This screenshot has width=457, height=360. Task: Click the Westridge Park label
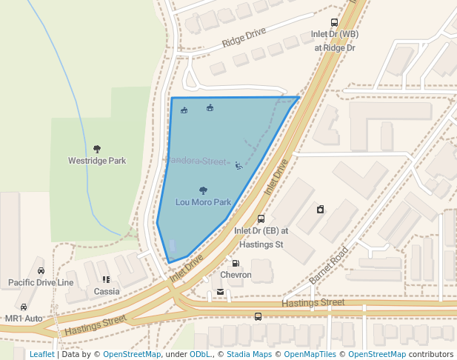(97, 161)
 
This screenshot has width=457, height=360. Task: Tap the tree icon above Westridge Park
(97, 149)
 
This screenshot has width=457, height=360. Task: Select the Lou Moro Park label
(204, 201)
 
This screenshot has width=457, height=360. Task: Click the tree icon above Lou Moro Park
(204, 190)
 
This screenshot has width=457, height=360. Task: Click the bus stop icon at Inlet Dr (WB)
(335, 23)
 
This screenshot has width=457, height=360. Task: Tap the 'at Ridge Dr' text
(335, 47)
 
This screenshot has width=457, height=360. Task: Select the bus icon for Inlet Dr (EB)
(260, 219)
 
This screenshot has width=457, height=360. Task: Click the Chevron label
(236, 275)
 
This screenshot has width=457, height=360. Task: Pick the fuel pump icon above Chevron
(236, 263)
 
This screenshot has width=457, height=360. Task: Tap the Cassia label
(107, 292)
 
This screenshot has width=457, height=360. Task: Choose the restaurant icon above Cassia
(107, 280)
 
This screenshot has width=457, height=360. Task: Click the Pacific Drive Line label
(41, 282)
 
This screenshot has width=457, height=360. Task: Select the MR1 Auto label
(24, 319)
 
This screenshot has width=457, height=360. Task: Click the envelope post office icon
(220, 293)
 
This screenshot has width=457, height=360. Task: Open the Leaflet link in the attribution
(41, 354)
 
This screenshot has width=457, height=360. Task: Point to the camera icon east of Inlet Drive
(320, 209)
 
